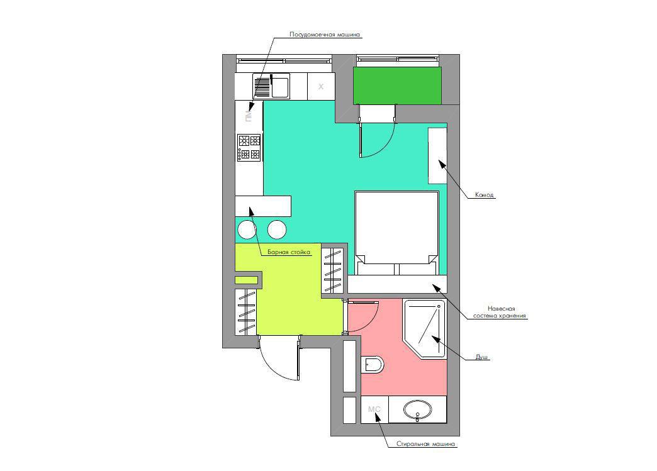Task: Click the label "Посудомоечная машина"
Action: pyautogui.click(x=325, y=35)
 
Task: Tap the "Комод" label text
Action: pyautogui.click(x=485, y=195)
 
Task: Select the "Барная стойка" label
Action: pyautogui.click(x=289, y=252)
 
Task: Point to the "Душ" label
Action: pyautogui.click(x=481, y=357)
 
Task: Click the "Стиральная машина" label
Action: pyautogui.click(x=425, y=444)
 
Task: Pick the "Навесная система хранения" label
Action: pyautogui.click(x=500, y=312)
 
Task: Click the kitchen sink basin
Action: pyautogui.click(x=280, y=86)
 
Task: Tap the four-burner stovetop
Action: pyautogui.click(x=249, y=147)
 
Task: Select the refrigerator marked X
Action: pyautogui.click(x=321, y=86)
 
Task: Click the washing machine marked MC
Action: pyautogui.click(x=374, y=409)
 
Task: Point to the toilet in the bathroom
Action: pyautogui.click(x=372, y=365)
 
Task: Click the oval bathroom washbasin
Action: pyautogui.click(x=417, y=409)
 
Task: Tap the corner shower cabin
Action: pyautogui.click(x=424, y=328)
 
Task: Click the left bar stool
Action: pyautogui.click(x=247, y=230)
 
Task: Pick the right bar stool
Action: pyautogui.click(x=277, y=230)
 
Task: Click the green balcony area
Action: pyautogui.click(x=397, y=86)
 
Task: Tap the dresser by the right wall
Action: pyautogui.click(x=437, y=156)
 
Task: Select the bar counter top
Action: pyautogui.click(x=262, y=206)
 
